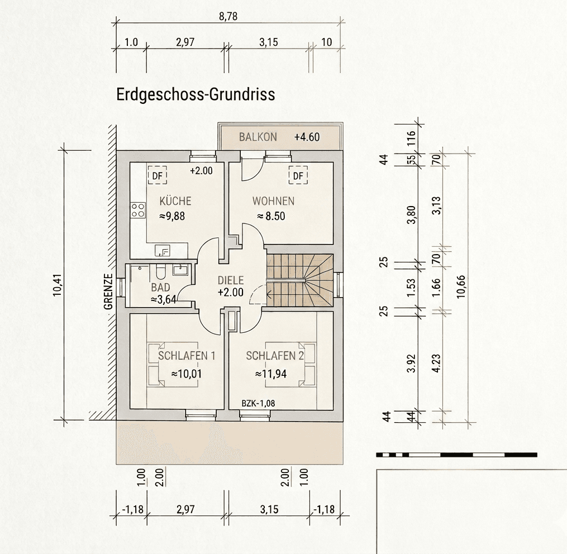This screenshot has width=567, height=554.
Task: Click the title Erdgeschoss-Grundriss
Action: (196, 94)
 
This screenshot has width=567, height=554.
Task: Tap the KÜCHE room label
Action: (175, 201)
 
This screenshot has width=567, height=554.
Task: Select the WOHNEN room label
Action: (273, 201)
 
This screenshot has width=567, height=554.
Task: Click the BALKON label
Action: (258, 137)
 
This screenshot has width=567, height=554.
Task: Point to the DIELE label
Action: (230, 281)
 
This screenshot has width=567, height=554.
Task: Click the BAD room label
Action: (160, 288)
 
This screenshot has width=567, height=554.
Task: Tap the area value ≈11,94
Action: (271, 374)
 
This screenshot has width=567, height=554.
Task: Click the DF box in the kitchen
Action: (158, 176)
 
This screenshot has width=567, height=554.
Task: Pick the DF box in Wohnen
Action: (298, 176)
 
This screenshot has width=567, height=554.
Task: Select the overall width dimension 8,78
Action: (228, 17)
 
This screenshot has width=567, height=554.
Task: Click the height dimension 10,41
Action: (57, 285)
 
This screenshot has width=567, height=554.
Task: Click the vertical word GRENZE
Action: (108, 292)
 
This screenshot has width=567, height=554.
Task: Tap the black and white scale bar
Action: (456, 455)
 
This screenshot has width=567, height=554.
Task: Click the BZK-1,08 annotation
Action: (258, 403)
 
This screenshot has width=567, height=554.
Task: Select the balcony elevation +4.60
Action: (307, 137)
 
